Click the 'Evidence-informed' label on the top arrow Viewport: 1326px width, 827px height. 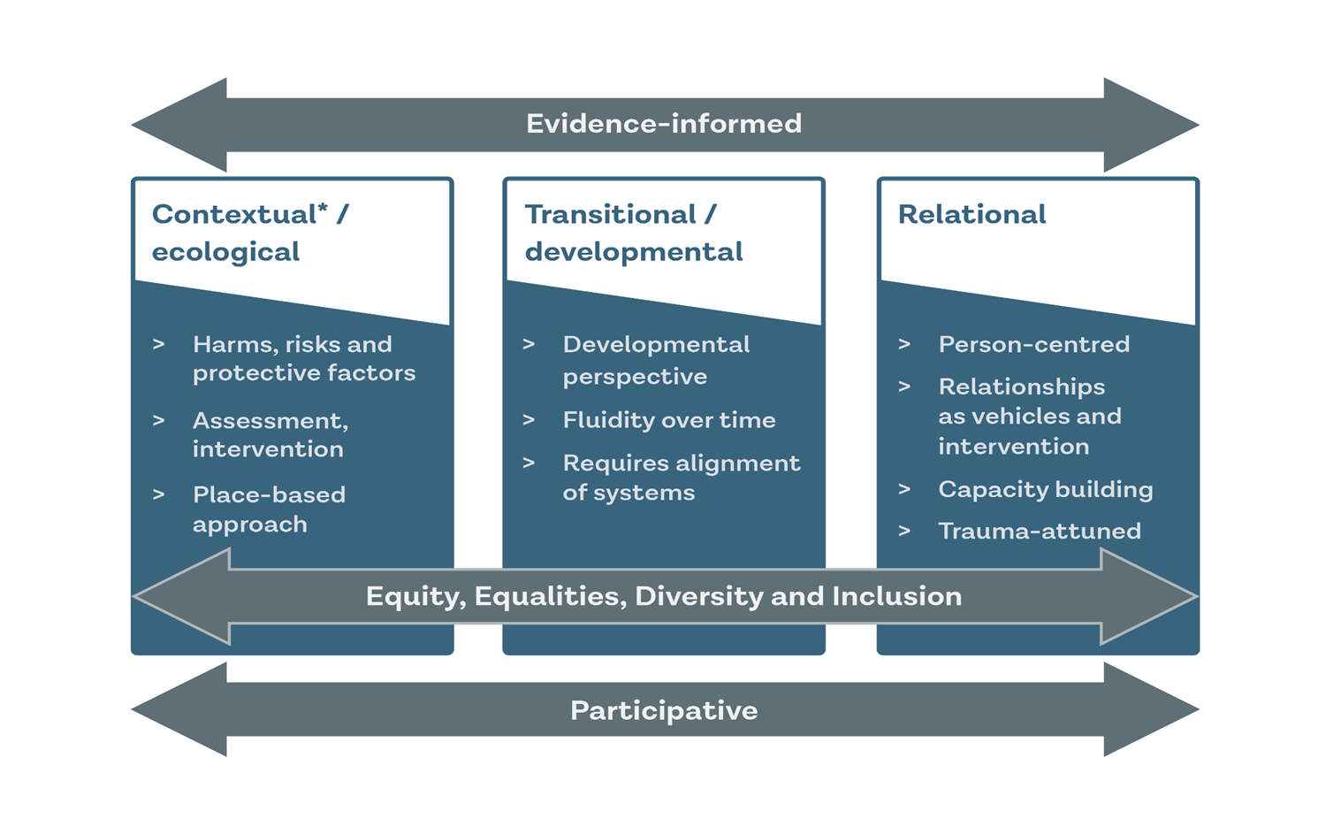(x=664, y=124)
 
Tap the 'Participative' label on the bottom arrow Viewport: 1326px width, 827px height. (x=664, y=710)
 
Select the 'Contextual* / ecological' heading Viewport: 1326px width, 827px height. (x=250, y=233)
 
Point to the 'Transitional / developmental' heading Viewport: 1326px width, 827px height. (x=633, y=233)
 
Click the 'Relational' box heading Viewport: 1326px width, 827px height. (x=972, y=214)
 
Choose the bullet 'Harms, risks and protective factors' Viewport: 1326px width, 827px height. (x=303, y=358)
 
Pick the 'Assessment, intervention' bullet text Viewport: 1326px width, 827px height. (x=270, y=434)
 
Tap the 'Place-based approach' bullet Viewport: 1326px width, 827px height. (x=268, y=509)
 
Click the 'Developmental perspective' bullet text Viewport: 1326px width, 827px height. (x=655, y=360)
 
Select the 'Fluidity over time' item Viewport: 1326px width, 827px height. (x=668, y=420)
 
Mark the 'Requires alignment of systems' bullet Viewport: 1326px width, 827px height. (x=681, y=478)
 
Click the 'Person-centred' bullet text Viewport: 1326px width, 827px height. (x=1033, y=344)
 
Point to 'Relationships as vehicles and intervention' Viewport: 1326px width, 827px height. (x=1029, y=416)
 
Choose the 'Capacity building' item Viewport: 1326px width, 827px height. (x=1045, y=489)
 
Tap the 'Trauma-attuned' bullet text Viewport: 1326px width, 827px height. (x=1039, y=531)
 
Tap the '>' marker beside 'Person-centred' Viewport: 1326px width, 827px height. (x=904, y=344)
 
